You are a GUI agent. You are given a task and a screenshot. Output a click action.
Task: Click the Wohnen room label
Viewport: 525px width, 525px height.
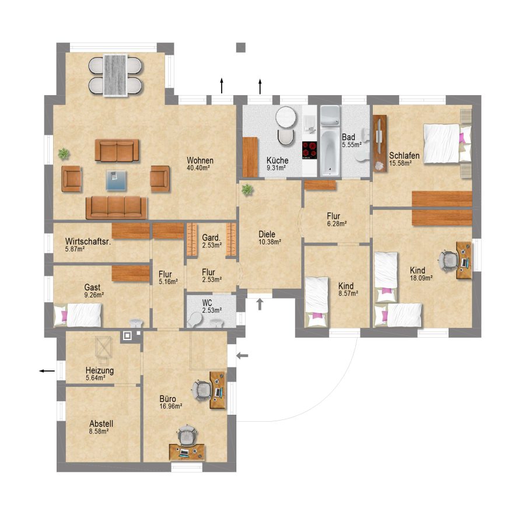click(x=200, y=160)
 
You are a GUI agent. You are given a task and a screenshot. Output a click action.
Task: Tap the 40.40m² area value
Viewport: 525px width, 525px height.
click(x=198, y=168)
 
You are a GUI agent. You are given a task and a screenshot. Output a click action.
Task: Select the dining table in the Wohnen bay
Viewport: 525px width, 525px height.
click(x=115, y=75)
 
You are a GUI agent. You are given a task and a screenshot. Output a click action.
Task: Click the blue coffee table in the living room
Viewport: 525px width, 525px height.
click(x=116, y=180)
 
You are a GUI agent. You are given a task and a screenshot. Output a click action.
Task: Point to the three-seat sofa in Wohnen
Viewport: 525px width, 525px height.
click(x=116, y=208)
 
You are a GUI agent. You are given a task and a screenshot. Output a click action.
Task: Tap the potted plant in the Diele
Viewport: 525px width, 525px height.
click(x=247, y=190)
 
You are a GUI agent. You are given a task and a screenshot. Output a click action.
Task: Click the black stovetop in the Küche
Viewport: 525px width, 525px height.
click(x=309, y=150)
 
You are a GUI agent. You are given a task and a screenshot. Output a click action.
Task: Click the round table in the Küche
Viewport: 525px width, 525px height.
click(x=286, y=117)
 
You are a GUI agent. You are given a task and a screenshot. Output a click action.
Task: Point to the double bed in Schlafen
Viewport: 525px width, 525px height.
click(x=447, y=143)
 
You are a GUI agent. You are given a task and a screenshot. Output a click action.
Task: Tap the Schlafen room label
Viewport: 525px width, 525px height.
click(x=404, y=156)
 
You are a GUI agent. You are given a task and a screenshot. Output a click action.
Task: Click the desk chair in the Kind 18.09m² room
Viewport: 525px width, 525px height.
click(x=447, y=260)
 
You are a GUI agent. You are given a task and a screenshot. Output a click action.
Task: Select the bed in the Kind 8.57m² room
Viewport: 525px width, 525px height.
click(x=317, y=302)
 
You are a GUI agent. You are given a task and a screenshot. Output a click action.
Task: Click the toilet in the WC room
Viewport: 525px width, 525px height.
click(x=194, y=320)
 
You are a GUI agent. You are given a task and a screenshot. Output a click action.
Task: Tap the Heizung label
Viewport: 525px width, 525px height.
click(x=99, y=370)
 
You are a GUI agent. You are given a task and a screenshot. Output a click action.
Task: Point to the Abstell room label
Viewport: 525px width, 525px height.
click(x=101, y=423)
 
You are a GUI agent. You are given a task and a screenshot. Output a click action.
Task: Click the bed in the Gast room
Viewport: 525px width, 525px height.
click(x=78, y=315)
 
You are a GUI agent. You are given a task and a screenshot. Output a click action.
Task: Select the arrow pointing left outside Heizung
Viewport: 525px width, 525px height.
click(x=47, y=370)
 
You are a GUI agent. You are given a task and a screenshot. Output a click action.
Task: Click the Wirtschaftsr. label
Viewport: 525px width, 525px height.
click(x=88, y=242)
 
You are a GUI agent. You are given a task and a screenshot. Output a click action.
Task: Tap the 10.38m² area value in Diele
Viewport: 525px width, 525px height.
click(x=269, y=242)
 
